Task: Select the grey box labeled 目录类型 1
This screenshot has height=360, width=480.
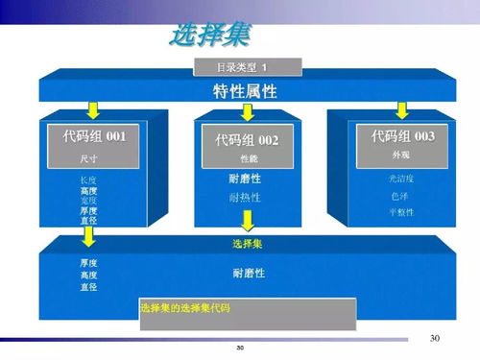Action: [x=247, y=67]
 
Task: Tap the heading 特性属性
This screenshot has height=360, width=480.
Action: [x=245, y=91]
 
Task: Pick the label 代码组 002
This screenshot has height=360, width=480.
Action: [x=247, y=141]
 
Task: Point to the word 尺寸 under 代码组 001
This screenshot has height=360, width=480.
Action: [x=87, y=158]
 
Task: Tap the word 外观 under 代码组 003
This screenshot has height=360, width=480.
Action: [x=401, y=154]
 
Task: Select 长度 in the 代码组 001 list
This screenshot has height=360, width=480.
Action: [x=88, y=180]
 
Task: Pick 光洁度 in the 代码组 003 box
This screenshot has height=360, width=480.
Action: [x=400, y=180]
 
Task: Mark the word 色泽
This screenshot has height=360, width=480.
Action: [x=400, y=196]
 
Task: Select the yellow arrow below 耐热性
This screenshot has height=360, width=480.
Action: [x=248, y=221]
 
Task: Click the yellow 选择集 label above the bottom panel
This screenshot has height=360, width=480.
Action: [x=248, y=244]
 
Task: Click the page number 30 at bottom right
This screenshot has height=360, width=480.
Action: [x=434, y=338]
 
